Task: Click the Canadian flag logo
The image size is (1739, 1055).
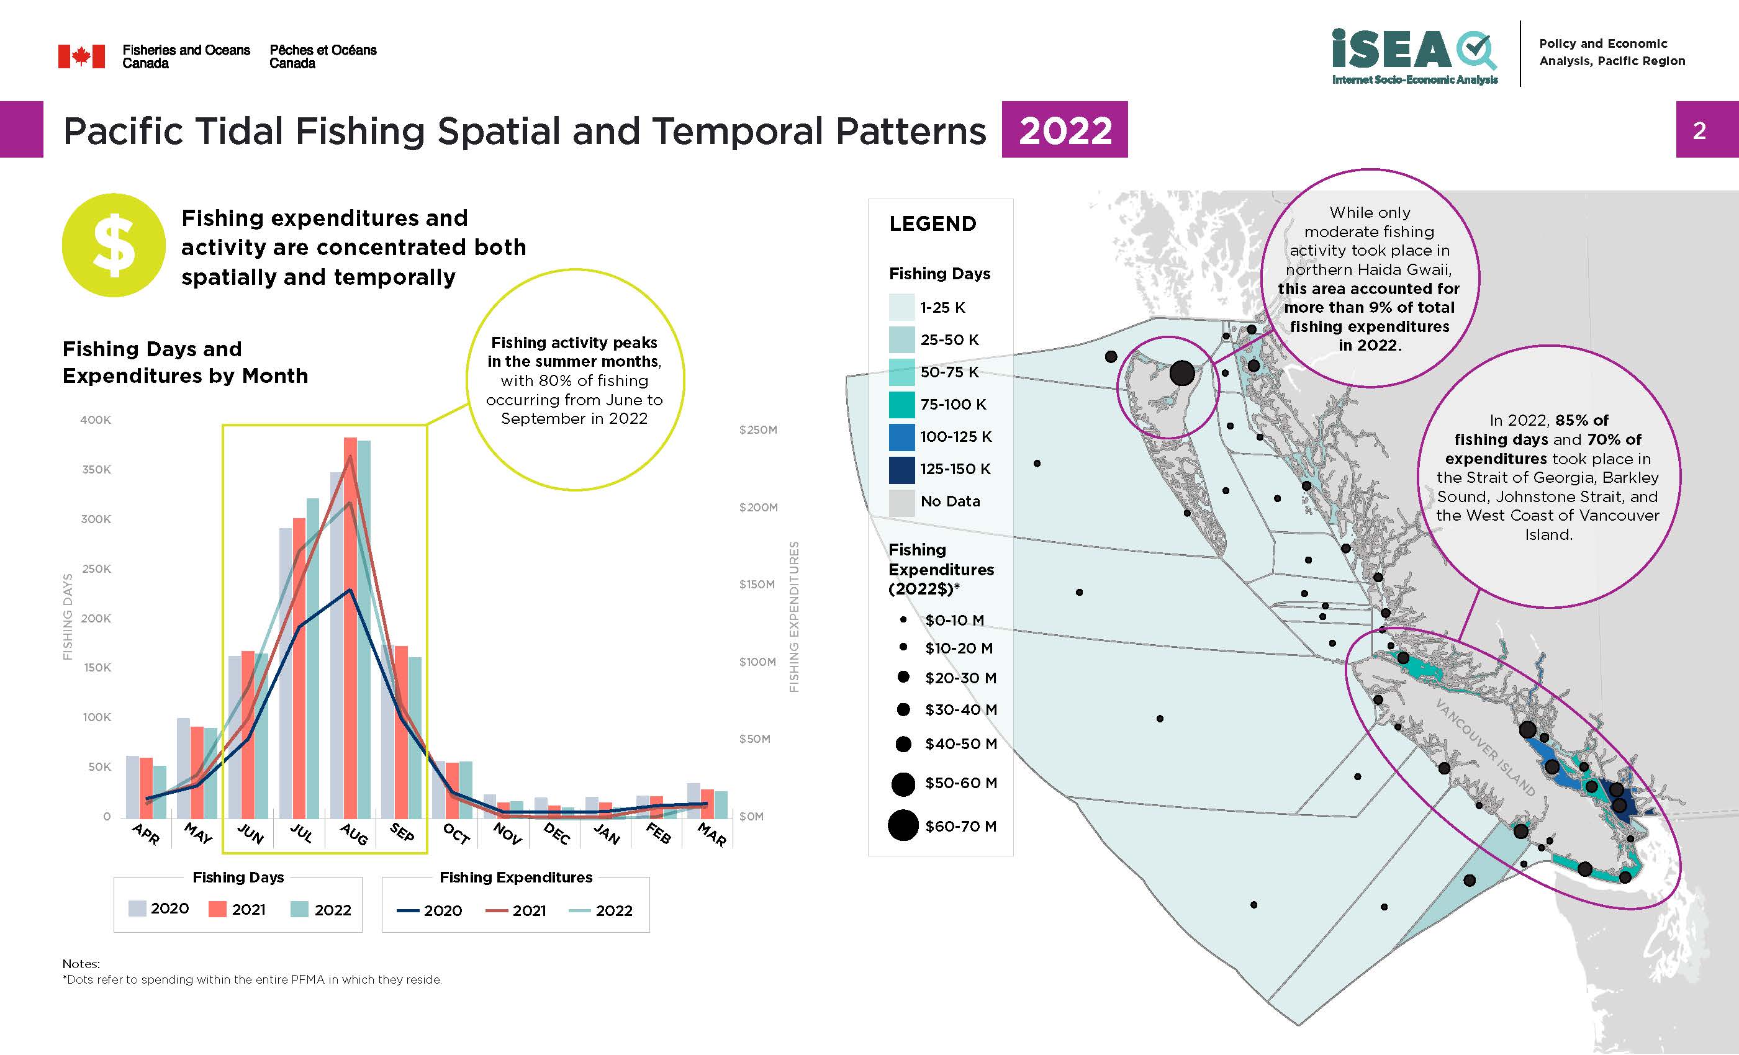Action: tap(81, 56)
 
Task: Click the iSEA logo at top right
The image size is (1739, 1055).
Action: tap(1414, 55)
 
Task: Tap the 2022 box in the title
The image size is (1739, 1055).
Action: tap(1064, 130)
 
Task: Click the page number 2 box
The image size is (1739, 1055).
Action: tap(1699, 130)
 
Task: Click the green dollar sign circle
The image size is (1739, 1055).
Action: tap(114, 245)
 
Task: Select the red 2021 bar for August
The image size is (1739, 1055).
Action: tap(350, 628)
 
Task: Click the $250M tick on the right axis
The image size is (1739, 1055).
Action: tap(757, 430)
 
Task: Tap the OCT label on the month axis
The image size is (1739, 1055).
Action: tap(456, 834)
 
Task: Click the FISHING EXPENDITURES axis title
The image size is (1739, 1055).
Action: tap(794, 617)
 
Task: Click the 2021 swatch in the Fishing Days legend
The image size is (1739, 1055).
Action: tap(217, 909)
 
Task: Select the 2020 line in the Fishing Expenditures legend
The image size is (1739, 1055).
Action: tap(408, 910)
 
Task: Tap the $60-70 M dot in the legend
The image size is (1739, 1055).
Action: tap(903, 825)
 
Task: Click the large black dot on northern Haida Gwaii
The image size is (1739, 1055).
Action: tap(1182, 372)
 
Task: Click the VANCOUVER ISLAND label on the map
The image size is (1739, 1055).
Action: tap(1485, 747)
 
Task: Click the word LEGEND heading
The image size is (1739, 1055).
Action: tap(933, 223)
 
